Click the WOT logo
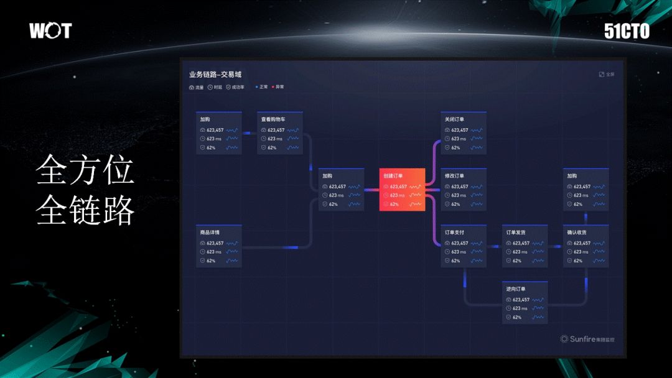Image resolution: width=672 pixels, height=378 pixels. point(50,30)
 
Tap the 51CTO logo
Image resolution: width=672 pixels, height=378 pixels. point(627,31)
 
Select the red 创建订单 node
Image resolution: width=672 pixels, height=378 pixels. point(402,190)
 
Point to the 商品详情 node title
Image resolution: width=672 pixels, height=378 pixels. point(210,233)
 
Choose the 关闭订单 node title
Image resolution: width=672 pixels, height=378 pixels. point(454,119)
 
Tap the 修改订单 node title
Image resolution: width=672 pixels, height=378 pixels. point(454,176)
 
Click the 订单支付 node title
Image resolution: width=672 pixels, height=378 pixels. point(454,233)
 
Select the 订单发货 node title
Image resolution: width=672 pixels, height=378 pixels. point(516,233)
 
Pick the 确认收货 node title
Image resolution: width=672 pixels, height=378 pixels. point(577,233)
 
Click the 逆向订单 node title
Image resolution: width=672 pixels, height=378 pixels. point(516,289)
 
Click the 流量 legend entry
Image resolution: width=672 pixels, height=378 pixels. point(197,88)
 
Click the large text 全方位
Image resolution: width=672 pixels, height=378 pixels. point(85,170)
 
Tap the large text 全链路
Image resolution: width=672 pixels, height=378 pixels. point(85,210)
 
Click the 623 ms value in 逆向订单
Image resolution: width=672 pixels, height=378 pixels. point(520,308)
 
